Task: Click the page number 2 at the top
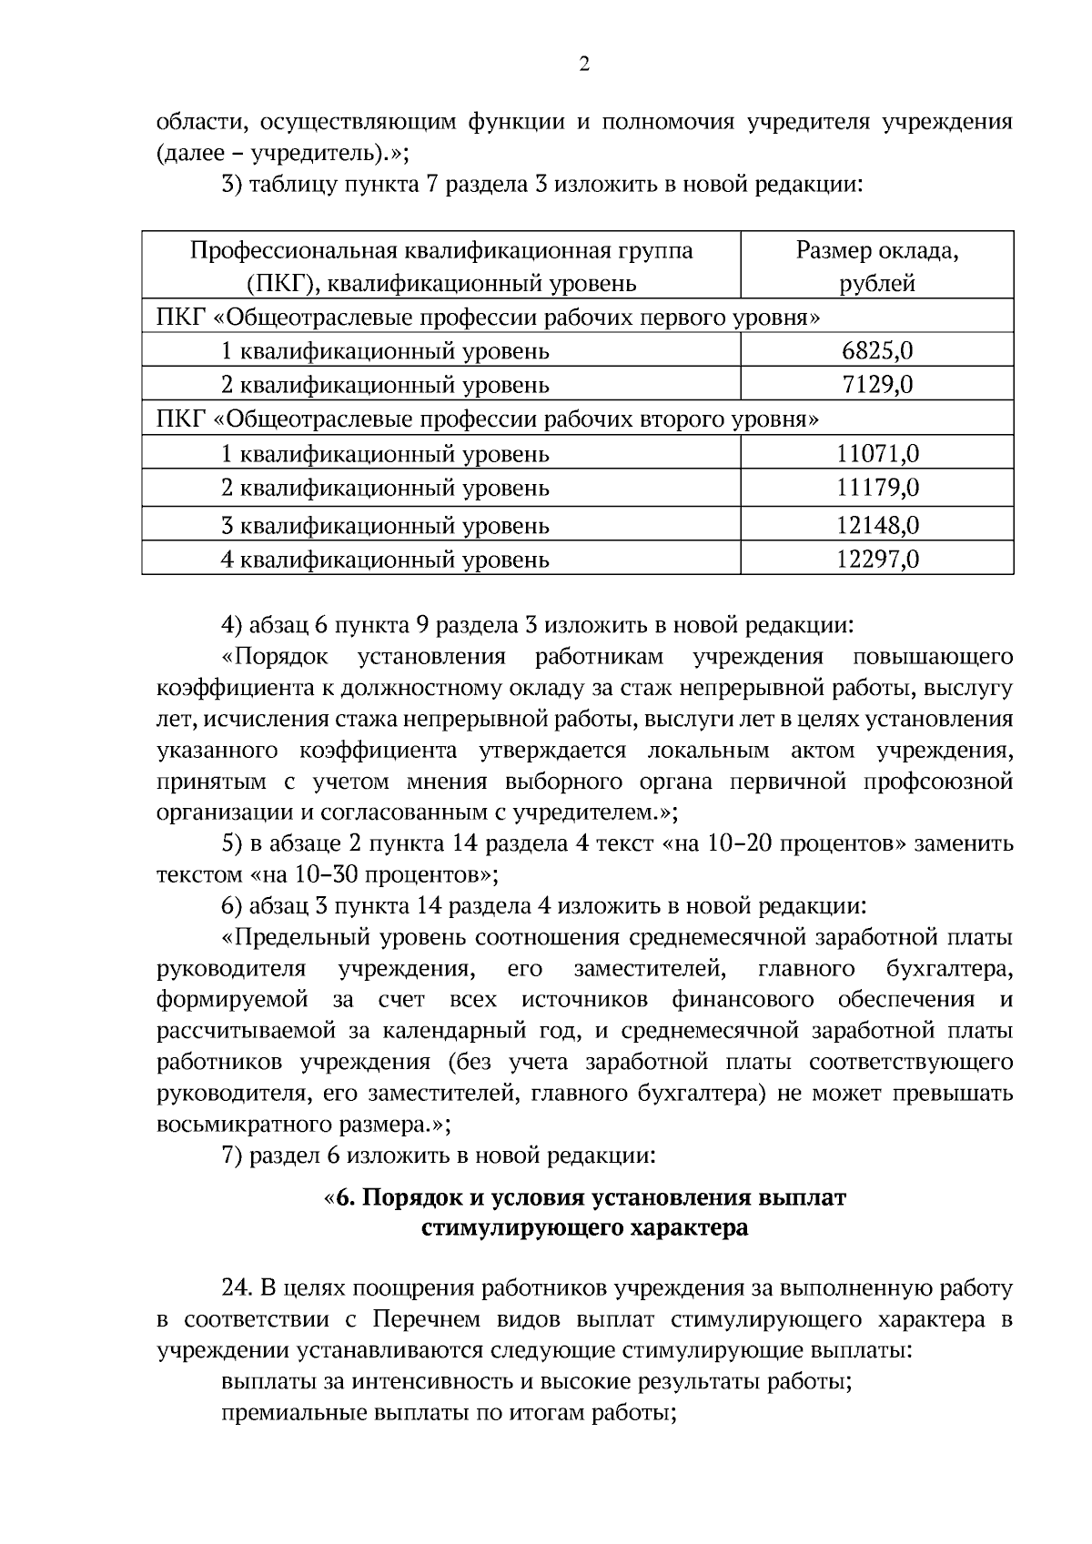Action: pyautogui.click(x=583, y=64)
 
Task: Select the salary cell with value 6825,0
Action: pyautogui.click(x=877, y=351)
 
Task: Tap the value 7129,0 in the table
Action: pyautogui.click(x=877, y=385)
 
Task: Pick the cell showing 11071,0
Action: pyautogui.click(x=877, y=453)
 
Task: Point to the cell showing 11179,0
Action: pyautogui.click(x=877, y=488)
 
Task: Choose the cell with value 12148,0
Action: pyautogui.click(x=877, y=525)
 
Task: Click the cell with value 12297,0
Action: pyautogui.click(x=877, y=559)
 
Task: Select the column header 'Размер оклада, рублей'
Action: pyautogui.click(x=877, y=267)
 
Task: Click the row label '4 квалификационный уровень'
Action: pyautogui.click(x=385, y=559)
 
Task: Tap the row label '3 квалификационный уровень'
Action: pyautogui.click(x=385, y=525)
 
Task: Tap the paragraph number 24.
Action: pyautogui.click(x=236, y=1288)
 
